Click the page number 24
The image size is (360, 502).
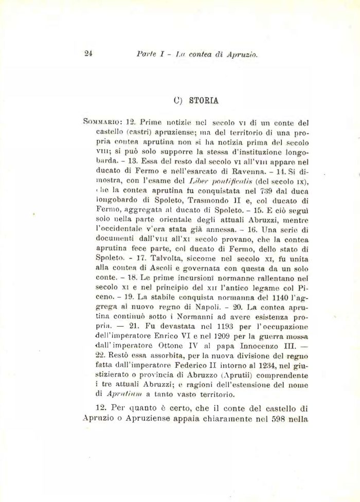[x=87, y=53]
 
